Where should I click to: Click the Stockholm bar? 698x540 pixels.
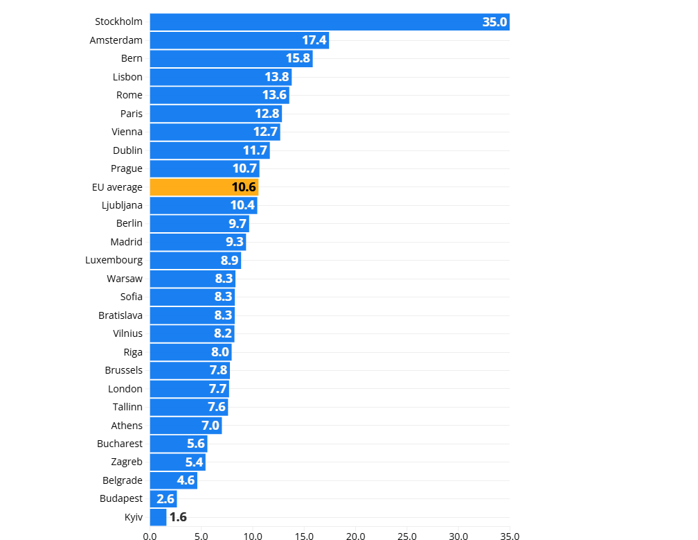tap(329, 21)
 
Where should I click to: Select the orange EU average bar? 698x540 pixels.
tap(204, 187)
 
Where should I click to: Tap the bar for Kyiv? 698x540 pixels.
tap(158, 517)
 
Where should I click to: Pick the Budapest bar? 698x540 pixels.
tap(163, 498)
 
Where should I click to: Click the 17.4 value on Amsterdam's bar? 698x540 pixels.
tap(314, 40)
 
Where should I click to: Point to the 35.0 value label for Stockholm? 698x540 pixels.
tap(495, 21)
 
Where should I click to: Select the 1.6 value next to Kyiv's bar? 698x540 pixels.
tap(178, 517)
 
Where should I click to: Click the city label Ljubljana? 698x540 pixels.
tap(122, 205)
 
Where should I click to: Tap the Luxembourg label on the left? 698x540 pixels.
tap(114, 260)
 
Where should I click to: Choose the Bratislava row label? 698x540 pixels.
tap(120, 315)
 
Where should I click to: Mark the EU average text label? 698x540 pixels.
tap(117, 187)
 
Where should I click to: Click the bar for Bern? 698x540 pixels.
tap(231, 58)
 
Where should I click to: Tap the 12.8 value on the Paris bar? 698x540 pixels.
tap(267, 114)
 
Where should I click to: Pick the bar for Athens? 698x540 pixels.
tap(186, 426)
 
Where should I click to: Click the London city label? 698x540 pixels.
tap(125, 389)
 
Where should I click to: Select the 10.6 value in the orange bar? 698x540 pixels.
tap(244, 187)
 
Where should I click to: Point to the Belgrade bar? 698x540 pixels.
tap(173, 480)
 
